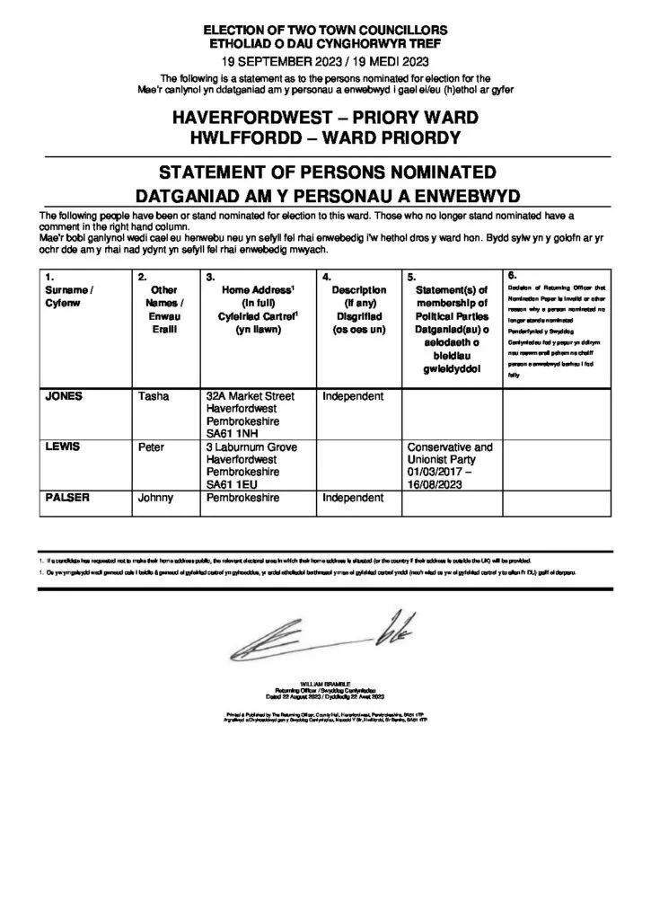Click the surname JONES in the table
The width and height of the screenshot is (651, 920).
pos(64,396)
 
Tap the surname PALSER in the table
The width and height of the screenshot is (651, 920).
pos(67,497)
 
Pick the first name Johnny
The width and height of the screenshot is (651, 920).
pos(157,497)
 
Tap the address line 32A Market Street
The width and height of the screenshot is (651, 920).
pos(251,396)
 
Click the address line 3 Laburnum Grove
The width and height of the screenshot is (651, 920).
pos(252,447)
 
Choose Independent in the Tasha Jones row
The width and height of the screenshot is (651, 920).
pos(353,396)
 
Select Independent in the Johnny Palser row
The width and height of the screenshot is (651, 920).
pos(353,497)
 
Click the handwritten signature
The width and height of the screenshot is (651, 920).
pos(323,634)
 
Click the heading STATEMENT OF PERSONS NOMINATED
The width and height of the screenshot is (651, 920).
pos(325,172)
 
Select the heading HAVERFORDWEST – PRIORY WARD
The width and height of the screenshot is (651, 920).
pos(325,119)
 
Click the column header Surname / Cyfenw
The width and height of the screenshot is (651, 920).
pos(68,296)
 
